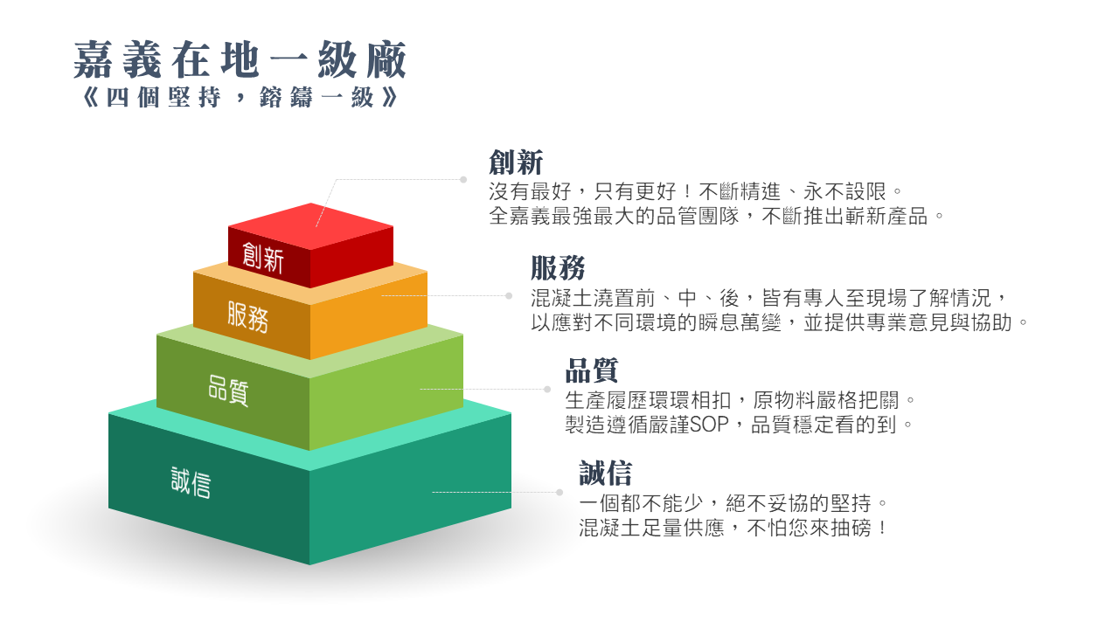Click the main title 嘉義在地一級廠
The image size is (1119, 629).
tap(240, 60)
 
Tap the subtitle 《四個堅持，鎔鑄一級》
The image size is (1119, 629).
tap(240, 97)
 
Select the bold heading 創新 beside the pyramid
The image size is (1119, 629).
tap(516, 162)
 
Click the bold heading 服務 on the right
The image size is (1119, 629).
tap(558, 268)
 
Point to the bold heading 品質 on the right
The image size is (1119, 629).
tap(592, 370)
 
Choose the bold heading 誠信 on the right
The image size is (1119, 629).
tap(606, 473)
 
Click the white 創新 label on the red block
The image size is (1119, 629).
tap(263, 258)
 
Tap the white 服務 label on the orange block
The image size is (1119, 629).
tap(247, 316)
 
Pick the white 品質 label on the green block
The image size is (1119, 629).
tap(228, 391)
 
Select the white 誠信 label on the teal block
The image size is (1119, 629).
tap(191, 482)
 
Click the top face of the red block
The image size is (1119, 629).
tap(310, 226)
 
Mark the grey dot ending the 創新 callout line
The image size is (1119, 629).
tap(463, 179)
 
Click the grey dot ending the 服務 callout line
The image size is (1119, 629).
tap(509, 295)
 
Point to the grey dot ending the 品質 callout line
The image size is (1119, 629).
tap(547, 389)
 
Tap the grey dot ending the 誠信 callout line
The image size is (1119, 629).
tap(559, 492)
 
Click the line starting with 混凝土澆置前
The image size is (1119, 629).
tap(769, 298)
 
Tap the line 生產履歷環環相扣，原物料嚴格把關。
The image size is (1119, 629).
tap(740, 400)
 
